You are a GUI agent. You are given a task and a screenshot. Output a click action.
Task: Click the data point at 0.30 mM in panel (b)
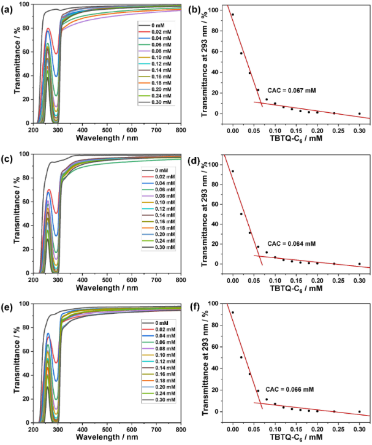click(x=359, y=113)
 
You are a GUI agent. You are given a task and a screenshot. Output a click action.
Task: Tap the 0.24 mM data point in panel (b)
click(x=334, y=113)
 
